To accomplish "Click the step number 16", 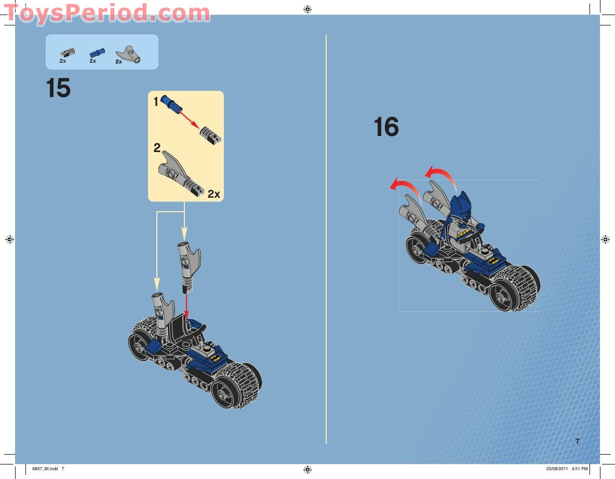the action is pos(386,127).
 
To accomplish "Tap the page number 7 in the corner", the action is pos(578,441).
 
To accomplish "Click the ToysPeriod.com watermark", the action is pos(106,13).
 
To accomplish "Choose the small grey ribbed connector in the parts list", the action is pos(68,52).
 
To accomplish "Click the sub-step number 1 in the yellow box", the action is pos(156,102).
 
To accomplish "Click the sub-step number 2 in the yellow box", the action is pos(157,148).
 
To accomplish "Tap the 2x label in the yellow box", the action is pos(214,194).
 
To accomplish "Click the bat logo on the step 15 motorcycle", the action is pos(215,358).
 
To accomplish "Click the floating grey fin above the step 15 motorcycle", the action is pos(189,267).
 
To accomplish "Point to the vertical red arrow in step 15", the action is pos(186,307).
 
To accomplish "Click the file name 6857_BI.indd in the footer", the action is pos(45,469).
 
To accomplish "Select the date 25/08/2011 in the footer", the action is pos(557,469).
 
